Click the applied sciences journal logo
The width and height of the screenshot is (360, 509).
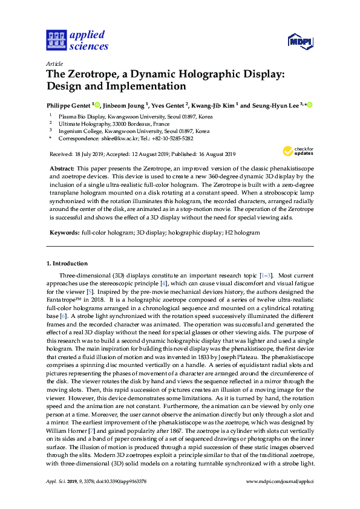[77, 40]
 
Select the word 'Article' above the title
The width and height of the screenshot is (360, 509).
[54, 63]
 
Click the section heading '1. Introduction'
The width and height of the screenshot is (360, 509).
[67, 264]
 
